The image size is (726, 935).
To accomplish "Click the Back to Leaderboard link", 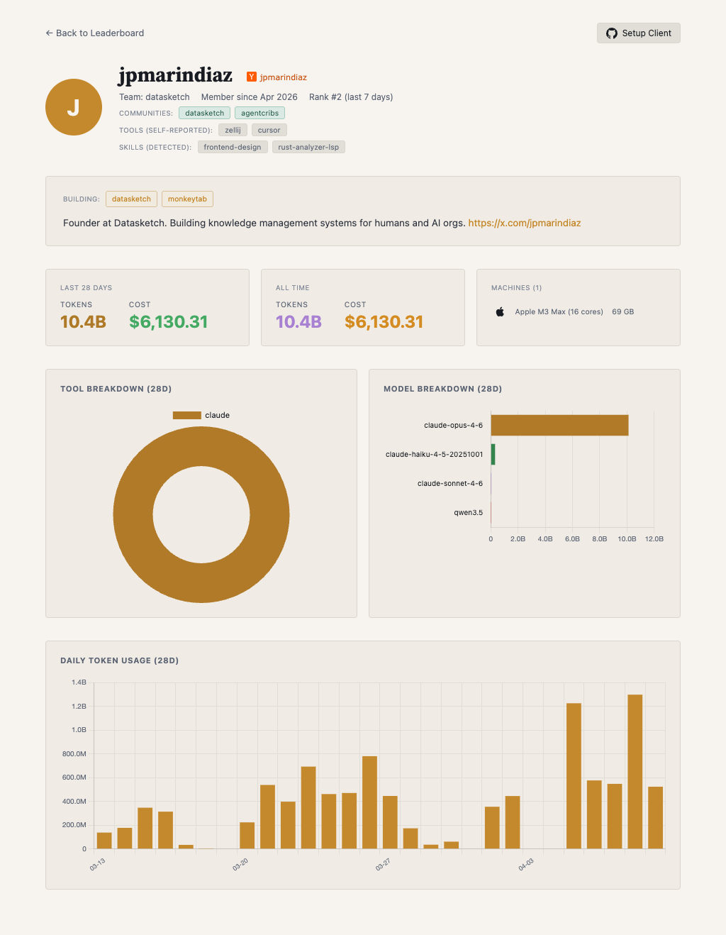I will pos(95,33).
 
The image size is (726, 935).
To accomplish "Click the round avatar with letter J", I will pos(74,107).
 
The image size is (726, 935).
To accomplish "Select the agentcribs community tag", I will pos(259,113).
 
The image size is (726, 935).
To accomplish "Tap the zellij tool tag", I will pos(233,130).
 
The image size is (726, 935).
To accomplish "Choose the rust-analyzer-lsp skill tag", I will pos(308,147).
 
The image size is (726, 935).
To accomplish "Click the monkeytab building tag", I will pos(187,199).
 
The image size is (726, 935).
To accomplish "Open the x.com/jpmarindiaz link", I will pos(524,223).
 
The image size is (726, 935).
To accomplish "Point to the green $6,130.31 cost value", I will pos(168,322).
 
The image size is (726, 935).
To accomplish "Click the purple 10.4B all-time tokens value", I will pos(298,322).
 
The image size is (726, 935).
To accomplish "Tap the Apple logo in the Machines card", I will pos(500,311).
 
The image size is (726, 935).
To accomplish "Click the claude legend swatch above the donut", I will pos(187,415).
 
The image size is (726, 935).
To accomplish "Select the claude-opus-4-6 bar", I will pos(559,425).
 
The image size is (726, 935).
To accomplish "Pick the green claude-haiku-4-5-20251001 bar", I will pos(493,454).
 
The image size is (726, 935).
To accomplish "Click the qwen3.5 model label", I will pos(468,512).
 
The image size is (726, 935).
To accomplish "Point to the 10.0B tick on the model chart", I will pos(627,539).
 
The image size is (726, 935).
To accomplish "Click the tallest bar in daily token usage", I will pos(635,771).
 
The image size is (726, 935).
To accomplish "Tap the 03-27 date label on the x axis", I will pos(383,865).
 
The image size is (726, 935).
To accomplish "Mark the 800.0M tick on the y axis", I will pos(74,753).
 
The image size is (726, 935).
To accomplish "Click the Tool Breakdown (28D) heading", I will pos(116,389).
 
